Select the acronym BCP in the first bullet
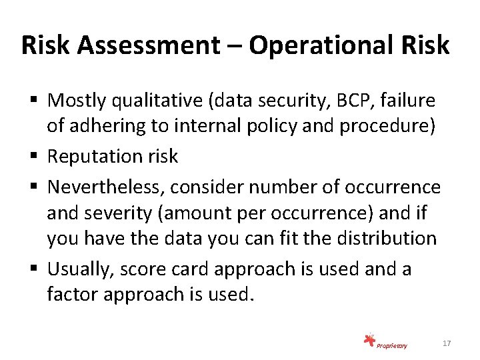click(352, 101)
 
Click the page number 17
click(447, 343)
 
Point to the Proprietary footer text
click(392, 345)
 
